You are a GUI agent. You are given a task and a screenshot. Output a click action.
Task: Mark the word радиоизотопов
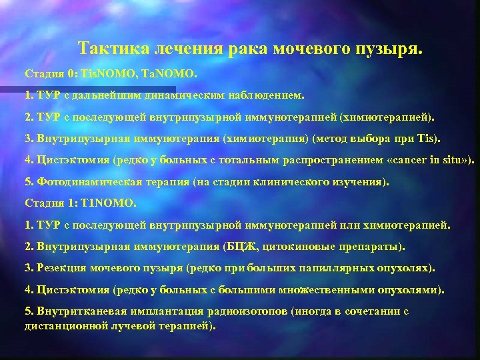click(232, 311)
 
